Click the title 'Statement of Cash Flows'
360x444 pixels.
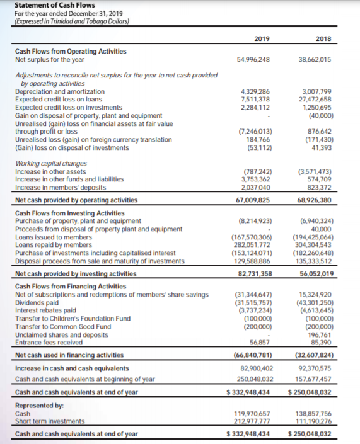[45, 6]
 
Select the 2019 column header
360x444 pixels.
[261, 38]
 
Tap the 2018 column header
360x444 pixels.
[323, 38]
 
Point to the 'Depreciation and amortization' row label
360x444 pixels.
[60, 91]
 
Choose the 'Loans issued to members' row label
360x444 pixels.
[54, 237]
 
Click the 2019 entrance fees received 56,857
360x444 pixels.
[264, 341]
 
